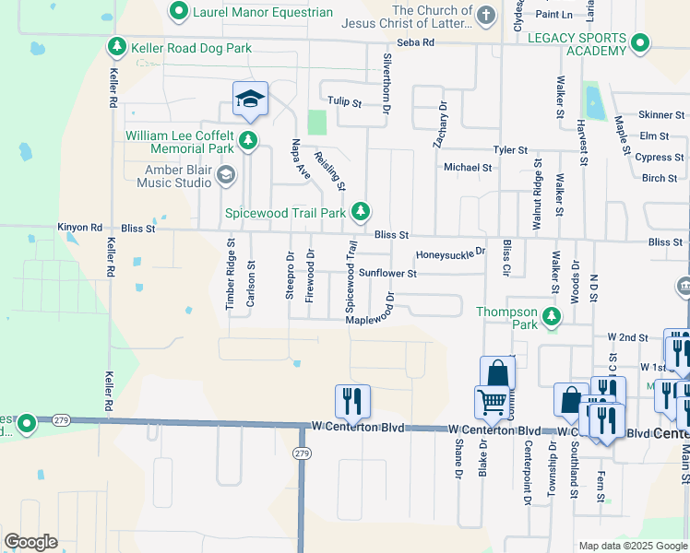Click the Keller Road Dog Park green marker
(117, 46)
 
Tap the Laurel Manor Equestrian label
(263, 12)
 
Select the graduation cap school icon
(250, 99)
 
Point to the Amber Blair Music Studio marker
(225, 175)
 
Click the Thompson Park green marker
(552, 318)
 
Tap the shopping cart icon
(491, 401)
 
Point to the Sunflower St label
(388, 274)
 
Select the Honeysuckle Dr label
(450, 253)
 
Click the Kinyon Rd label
(80, 227)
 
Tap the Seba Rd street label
(415, 43)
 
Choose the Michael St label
(468, 168)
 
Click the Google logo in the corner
(30, 542)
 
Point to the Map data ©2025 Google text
(632, 546)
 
